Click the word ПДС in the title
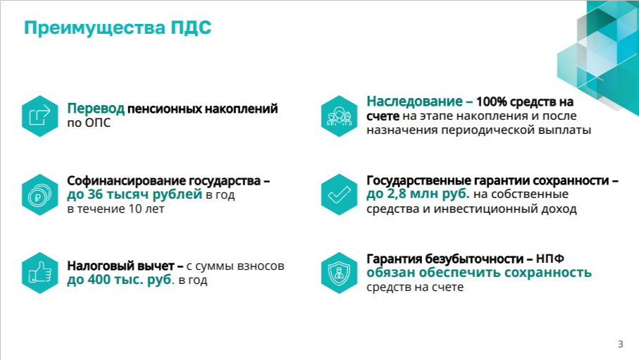191,27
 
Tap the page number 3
620,344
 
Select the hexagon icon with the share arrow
40,116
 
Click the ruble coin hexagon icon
40,195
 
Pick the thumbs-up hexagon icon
40,273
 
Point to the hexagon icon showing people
339,116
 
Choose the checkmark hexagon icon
339,195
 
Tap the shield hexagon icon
339,273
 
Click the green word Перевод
96,109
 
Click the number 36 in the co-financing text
95,194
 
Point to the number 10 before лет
135,209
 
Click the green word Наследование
414,101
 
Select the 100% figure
492,101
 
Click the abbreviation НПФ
550,259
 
